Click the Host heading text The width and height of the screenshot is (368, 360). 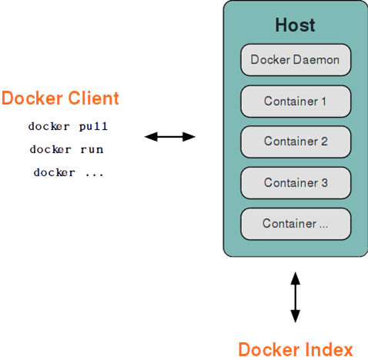point(295,25)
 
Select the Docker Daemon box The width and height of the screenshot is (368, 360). point(296,60)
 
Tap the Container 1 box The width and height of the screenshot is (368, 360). point(296,101)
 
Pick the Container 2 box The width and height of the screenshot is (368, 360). point(296,142)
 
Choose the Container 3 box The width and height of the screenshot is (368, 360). point(296,183)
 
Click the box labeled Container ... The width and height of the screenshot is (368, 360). point(296,224)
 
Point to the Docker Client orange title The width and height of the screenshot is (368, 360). point(60,98)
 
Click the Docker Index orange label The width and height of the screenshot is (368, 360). point(295,349)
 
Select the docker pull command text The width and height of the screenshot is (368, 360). point(68,125)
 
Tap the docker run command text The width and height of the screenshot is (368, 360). point(67,149)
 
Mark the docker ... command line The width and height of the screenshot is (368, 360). point(68,173)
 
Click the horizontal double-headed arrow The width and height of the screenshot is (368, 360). point(170,137)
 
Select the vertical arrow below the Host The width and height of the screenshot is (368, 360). point(295,296)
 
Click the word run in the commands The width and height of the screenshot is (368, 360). point(91,149)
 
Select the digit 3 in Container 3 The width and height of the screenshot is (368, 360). point(323,183)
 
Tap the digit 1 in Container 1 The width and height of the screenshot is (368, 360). point(323,101)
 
